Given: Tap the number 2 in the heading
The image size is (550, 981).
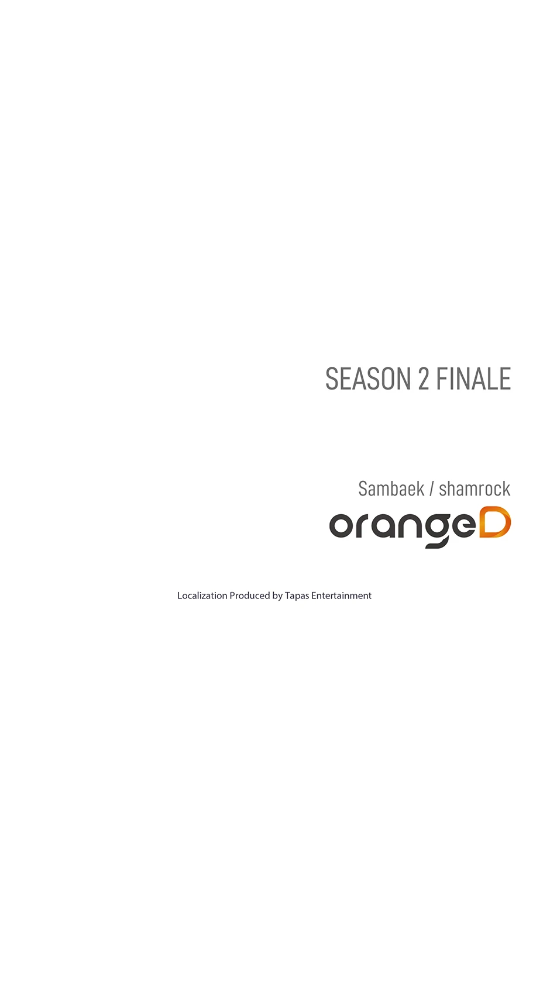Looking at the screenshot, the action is [x=424, y=378].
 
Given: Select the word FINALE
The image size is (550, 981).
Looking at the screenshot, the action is [x=473, y=378].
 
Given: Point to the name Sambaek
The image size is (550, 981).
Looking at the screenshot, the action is [x=391, y=488].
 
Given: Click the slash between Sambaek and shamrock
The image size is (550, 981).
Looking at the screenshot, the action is [x=431, y=489].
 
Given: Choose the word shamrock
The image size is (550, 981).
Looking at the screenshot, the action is [x=475, y=488].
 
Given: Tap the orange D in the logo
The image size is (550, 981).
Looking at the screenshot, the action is [x=495, y=522].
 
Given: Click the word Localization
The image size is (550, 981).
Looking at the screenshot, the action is [x=202, y=596].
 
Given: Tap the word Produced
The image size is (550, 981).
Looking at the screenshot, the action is [x=250, y=596].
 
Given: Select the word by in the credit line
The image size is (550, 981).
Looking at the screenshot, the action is [x=277, y=597].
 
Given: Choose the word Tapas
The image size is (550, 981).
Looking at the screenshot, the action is [x=297, y=596].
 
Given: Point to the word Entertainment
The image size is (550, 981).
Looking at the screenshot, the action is [x=342, y=596].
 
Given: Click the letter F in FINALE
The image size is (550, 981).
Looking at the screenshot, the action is [x=441, y=378].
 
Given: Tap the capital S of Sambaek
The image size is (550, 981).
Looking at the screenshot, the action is [x=363, y=489].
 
